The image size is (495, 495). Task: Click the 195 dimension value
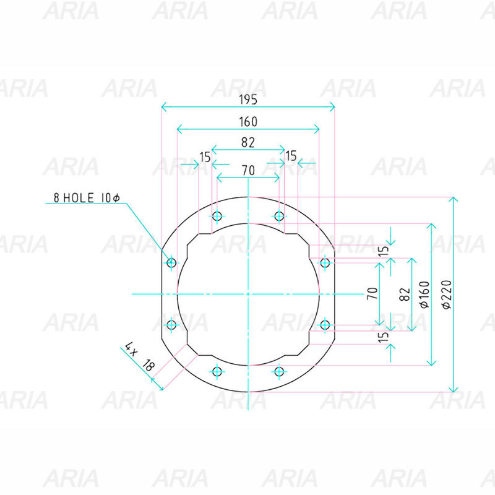tap(248, 100)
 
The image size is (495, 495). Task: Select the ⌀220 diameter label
tap(447, 295)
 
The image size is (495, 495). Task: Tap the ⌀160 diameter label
tap(425, 295)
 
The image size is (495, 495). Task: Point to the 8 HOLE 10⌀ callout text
tap(87, 198)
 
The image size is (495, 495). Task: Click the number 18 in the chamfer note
tap(148, 365)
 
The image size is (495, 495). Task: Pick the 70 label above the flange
tap(249, 171)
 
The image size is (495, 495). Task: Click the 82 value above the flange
tap(248, 143)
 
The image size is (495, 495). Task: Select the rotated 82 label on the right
tap(405, 295)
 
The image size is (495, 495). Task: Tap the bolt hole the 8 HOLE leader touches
tap(171, 262)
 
